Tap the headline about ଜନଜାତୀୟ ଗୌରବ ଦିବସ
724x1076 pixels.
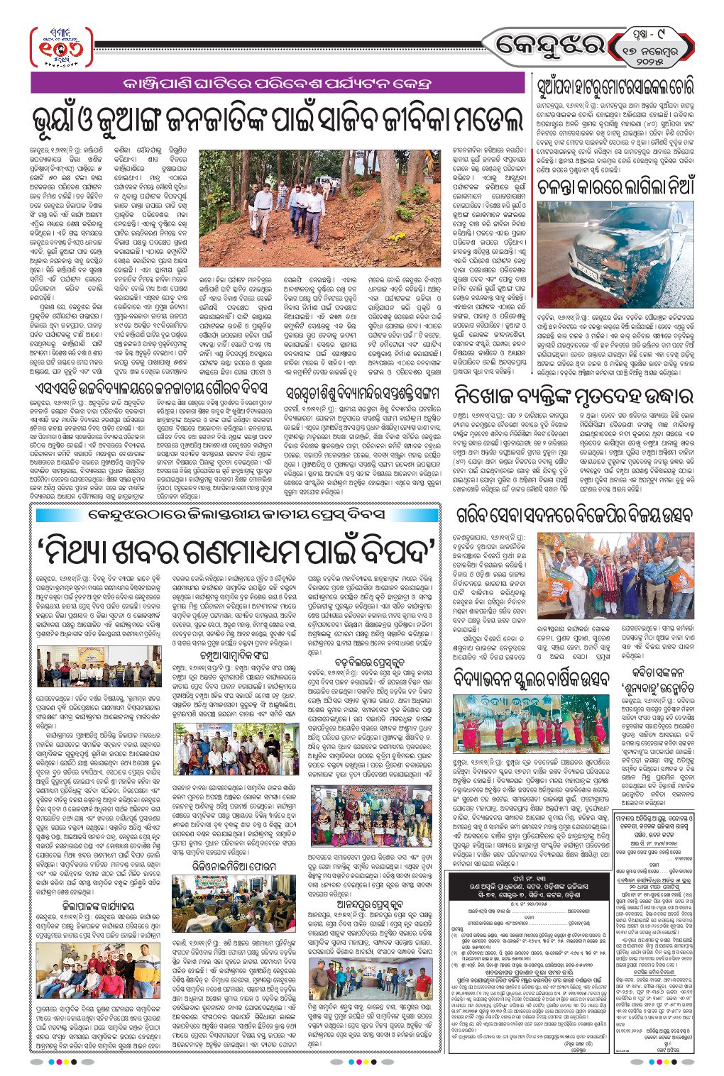pos(149,389)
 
